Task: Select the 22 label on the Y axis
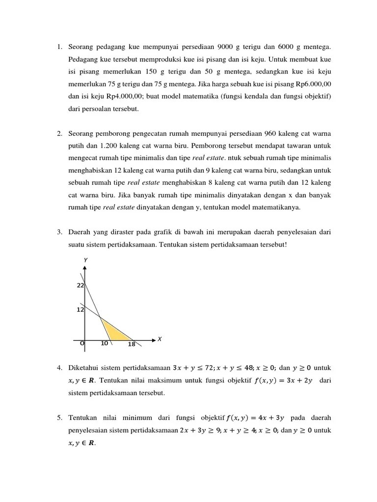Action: (81, 285)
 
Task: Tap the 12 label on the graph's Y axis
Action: (81, 310)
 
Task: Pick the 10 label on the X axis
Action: (104, 344)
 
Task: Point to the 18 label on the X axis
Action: (131, 345)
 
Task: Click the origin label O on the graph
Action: (82, 344)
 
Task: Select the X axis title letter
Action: (160, 339)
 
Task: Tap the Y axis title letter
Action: (86, 259)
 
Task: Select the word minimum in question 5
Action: (144, 418)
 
